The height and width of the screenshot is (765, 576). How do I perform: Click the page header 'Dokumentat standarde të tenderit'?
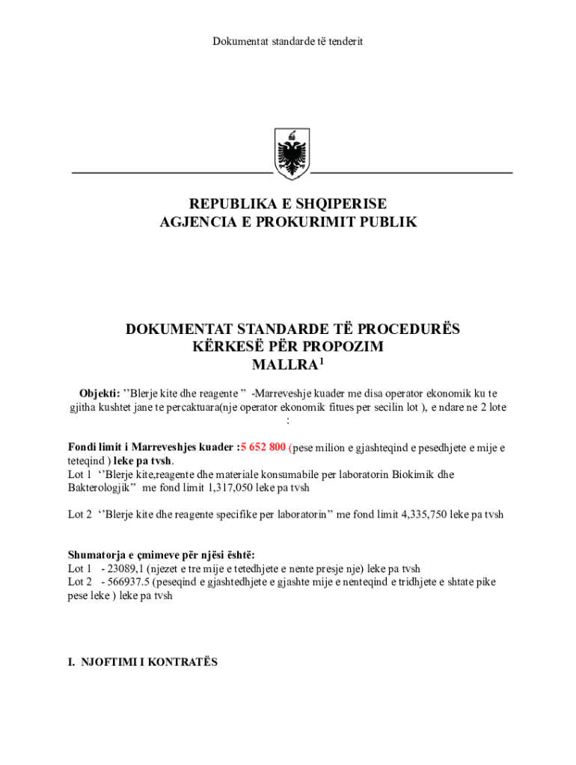(x=288, y=41)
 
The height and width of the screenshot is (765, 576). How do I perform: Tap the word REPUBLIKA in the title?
(x=230, y=204)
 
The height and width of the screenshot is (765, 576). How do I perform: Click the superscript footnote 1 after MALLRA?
(x=322, y=362)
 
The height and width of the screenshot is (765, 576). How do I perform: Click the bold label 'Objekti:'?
(x=99, y=393)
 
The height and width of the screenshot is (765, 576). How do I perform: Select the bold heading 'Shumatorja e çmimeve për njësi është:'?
(x=162, y=554)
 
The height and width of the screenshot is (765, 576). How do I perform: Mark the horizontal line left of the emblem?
(x=171, y=173)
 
